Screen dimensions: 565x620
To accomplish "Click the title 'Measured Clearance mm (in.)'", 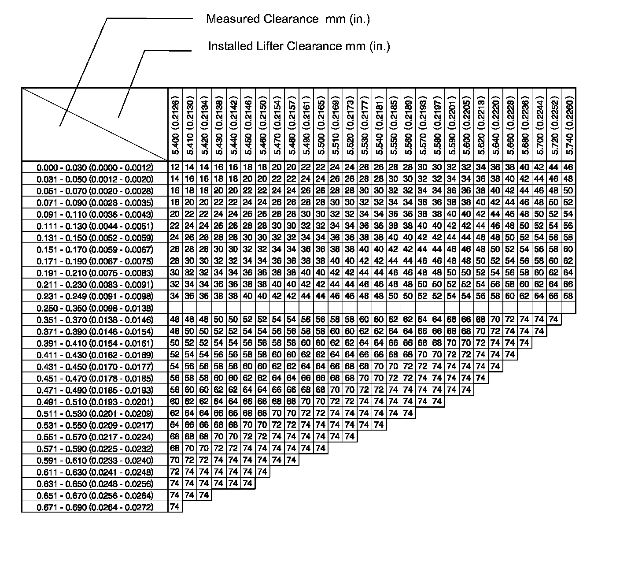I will pyautogui.click(x=288, y=19).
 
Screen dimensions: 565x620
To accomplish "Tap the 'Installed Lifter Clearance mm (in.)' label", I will pyautogui.click(x=299, y=46).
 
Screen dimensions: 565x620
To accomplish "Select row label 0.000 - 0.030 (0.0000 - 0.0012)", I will pyautogui.click(x=95, y=167).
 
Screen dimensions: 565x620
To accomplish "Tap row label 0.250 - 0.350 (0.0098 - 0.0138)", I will pyautogui.click(x=95, y=308).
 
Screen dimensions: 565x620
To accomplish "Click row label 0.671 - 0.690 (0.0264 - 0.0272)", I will pyautogui.click(x=95, y=507).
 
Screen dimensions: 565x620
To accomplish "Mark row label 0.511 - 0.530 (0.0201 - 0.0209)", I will pyautogui.click(x=95, y=413).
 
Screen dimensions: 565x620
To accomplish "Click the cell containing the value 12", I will pyautogui.click(x=175, y=167).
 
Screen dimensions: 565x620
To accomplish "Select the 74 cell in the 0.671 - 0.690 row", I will pyautogui.click(x=175, y=507).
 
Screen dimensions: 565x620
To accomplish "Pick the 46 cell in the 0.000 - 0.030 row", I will pyautogui.click(x=568, y=167).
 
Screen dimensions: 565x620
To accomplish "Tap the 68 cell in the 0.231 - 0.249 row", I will pyautogui.click(x=568, y=296).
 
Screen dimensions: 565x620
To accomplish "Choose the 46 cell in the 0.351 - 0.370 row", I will pyautogui.click(x=175, y=320).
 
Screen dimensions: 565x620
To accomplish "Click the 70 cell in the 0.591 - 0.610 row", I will pyautogui.click(x=175, y=460).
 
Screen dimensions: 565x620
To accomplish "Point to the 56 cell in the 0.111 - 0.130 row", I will pyautogui.click(x=568, y=226).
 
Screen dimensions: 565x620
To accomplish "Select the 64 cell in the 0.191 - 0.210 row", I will pyautogui.click(x=568, y=272).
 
